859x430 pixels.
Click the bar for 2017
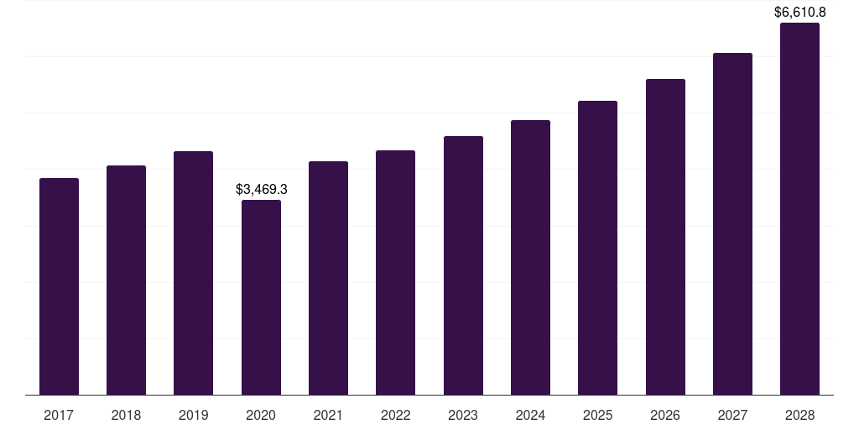tap(59, 286)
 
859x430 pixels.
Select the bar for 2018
tap(126, 281)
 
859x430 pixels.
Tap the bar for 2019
tap(193, 273)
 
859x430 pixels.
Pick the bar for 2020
tap(261, 297)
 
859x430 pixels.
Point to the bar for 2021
tap(328, 278)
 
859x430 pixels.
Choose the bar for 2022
tap(395, 273)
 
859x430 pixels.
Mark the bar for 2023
tap(463, 265)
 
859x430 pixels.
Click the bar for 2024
tap(530, 258)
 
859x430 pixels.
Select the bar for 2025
tap(597, 248)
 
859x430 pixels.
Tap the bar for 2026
tap(665, 237)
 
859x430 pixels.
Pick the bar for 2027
tap(732, 224)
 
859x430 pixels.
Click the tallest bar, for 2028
tap(799, 209)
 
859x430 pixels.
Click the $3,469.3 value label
tap(261, 190)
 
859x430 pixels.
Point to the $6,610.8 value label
tap(799, 12)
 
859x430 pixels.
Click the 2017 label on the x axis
tap(59, 415)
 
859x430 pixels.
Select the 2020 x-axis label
tap(261, 415)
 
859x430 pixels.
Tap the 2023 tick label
tap(463, 415)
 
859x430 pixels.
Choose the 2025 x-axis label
tap(597, 415)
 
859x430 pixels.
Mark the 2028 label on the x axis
tap(799, 415)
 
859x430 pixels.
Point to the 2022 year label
tap(395, 415)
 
